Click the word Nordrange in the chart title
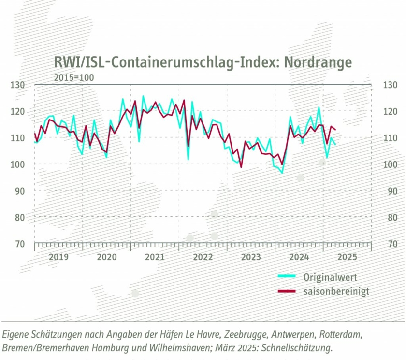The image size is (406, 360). [x=318, y=63]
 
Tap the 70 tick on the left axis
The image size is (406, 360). [x=19, y=244]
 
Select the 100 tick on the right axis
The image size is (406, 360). [x=389, y=165]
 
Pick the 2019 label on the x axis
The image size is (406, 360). [x=58, y=256]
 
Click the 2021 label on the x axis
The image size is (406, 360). [x=155, y=256]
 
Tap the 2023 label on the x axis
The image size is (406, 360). [x=251, y=256]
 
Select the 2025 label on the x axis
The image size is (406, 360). [x=347, y=256]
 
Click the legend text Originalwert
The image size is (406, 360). [x=331, y=277]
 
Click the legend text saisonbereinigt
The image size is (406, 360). [x=336, y=291]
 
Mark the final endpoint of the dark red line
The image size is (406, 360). [x=336, y=130]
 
